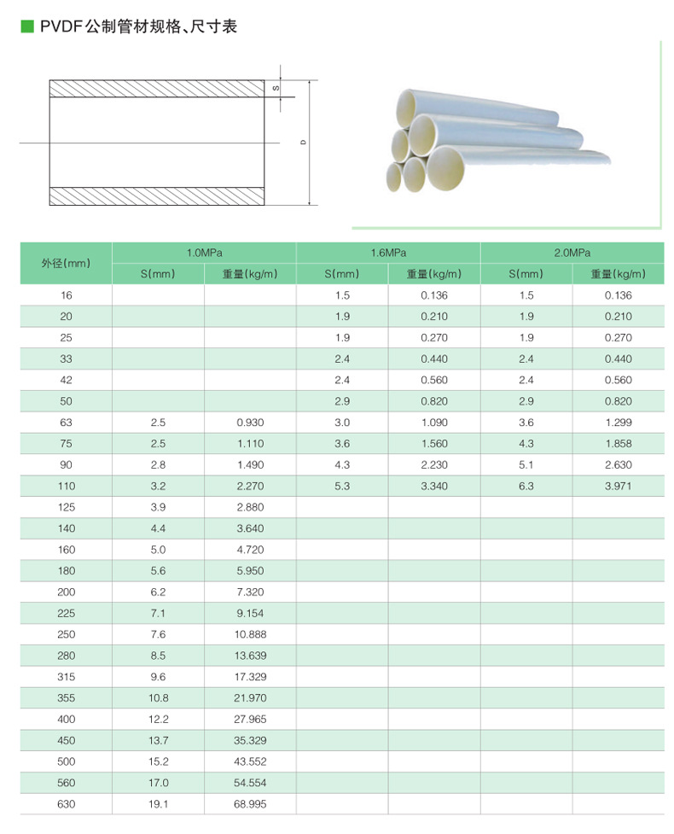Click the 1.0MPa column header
pos(205,253)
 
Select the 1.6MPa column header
pos(388,253)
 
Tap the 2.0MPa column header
pos(572,253)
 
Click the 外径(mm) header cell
pos(66,263)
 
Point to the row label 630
pos(66,804)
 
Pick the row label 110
pos(66,486)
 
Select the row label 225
pos(66,613)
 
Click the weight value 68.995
pos(250,804)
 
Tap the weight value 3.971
pos(619,486)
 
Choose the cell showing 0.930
pos(250,423)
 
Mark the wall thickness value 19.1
pos(159,804)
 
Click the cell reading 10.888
pos(250,634)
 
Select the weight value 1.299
pos(619,423)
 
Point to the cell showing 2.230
pos(434,464)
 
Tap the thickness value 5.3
pos(342,486)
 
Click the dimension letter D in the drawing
pos(304,143)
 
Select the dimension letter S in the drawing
pos(276,88)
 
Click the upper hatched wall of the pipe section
pos(158,88)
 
